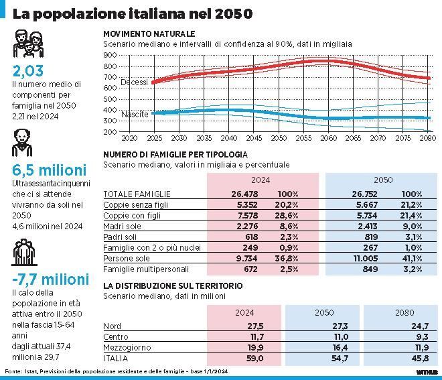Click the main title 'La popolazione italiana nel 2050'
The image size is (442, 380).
(133, 13)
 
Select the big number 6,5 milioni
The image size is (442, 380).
(48, 170)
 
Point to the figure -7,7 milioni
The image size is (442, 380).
(50, 279)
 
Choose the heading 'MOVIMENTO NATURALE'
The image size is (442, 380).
(149, 34)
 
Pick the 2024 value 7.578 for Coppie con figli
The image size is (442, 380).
(238, 215)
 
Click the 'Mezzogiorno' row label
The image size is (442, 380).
(127, 349)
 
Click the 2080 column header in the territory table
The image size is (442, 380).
(404, 312)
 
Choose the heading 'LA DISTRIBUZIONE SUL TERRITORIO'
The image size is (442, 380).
(173, 286)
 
